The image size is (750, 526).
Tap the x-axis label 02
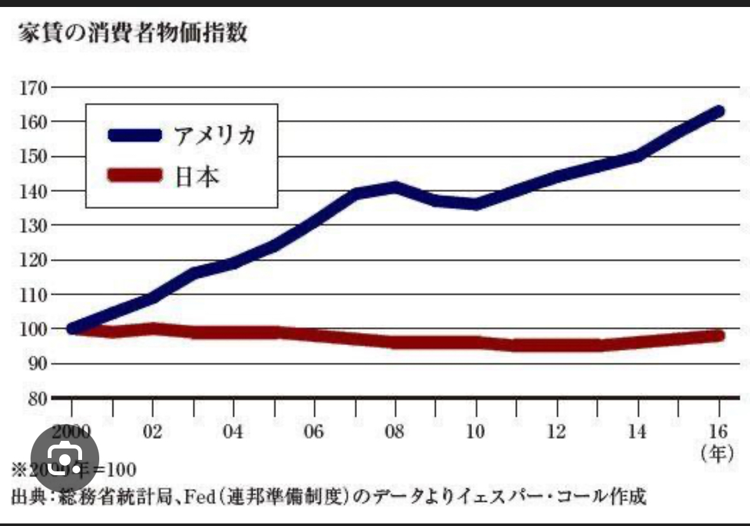153,432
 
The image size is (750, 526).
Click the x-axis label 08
394,432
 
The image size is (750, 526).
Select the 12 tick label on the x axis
557,432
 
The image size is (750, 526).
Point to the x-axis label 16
719,432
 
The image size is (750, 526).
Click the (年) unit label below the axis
718,454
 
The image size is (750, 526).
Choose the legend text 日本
198,175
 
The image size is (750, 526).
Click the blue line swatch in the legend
135,135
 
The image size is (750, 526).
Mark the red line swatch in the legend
135,174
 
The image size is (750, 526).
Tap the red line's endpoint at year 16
719,335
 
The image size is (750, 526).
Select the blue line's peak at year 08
394,187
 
